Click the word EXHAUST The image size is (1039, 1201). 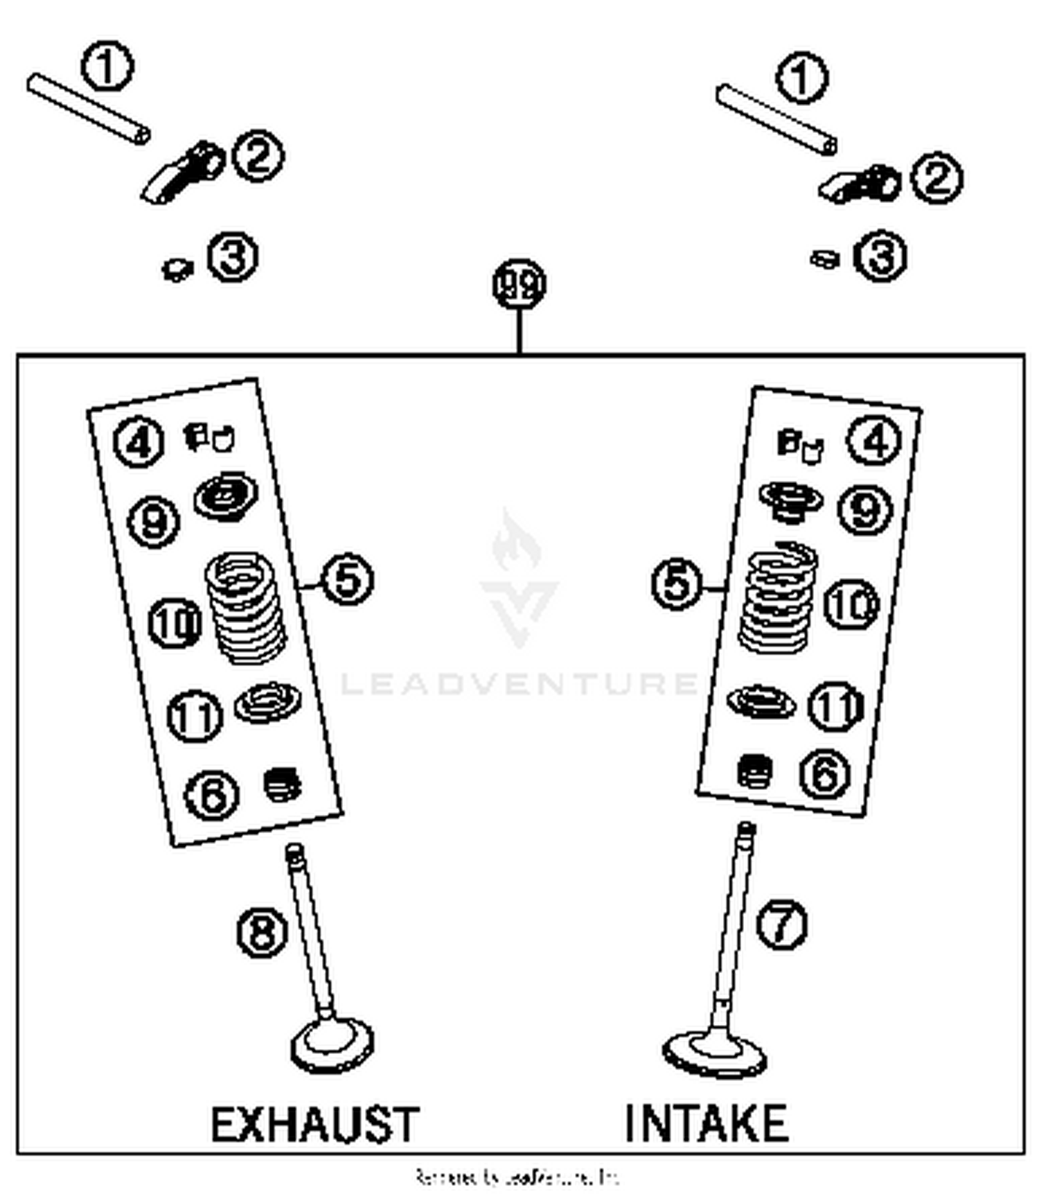point(315,1123)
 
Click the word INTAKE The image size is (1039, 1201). point(706,1123)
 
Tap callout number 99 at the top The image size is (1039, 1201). point(519,284)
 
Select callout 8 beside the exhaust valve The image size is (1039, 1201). point(261,933)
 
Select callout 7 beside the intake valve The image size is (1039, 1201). point(781,924)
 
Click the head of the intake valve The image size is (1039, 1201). point(714,1053)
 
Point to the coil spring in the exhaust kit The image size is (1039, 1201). point(245,607)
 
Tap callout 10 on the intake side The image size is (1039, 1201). point(851,604)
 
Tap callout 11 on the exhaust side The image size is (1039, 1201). point(195,716)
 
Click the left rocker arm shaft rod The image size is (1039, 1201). point(88,109)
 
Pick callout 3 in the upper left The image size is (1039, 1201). point(233,257)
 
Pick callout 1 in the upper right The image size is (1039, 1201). point(801,78)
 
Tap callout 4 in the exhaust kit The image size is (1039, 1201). point(139,441)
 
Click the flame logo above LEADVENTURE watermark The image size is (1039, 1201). point(517,541)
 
